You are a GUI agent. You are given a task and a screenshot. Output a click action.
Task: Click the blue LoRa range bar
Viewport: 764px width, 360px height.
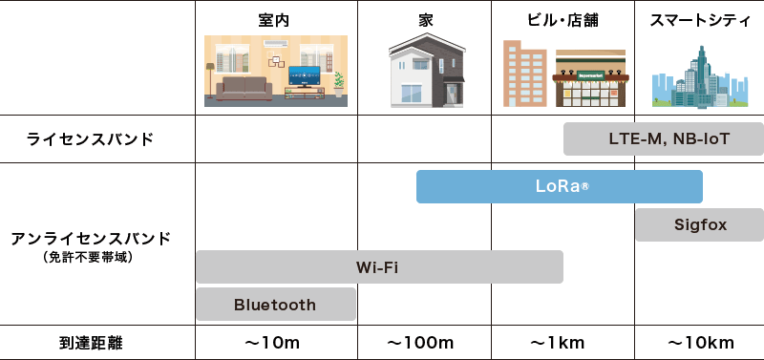(560, 186)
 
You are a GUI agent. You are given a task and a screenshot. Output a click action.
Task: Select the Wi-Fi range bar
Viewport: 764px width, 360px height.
(379, 266)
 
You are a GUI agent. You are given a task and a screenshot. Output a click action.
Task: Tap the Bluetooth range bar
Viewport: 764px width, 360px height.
(275, 305)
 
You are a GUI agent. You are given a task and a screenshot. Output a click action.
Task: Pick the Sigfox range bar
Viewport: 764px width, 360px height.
(700, 225)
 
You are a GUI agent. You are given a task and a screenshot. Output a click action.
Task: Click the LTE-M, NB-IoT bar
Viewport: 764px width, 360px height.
(664, 139)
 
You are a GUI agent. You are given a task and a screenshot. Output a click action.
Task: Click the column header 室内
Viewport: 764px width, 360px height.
(275, 20)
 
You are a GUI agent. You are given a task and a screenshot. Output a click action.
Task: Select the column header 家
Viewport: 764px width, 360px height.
(425, 20)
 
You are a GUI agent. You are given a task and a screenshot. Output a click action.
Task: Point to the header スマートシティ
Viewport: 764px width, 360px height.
(699, 20)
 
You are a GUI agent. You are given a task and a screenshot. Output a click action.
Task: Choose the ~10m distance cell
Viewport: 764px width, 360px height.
(275, 342)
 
